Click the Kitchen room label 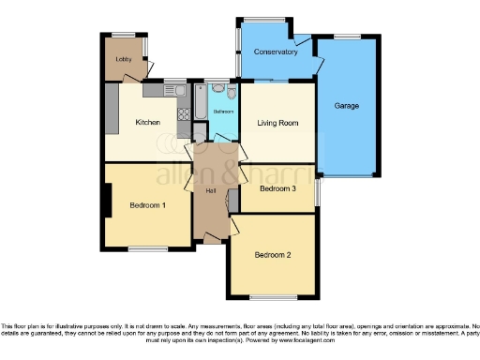coord(148,123)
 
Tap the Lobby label coord(123,59)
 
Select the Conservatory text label coord(276,52)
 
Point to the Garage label coord(347,105)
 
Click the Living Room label coord(277,123)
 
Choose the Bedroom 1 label coord(148,205)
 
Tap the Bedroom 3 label coord(278,188)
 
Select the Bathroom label coord(223,112)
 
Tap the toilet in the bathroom coord(217,89)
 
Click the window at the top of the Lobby coord(123,36)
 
